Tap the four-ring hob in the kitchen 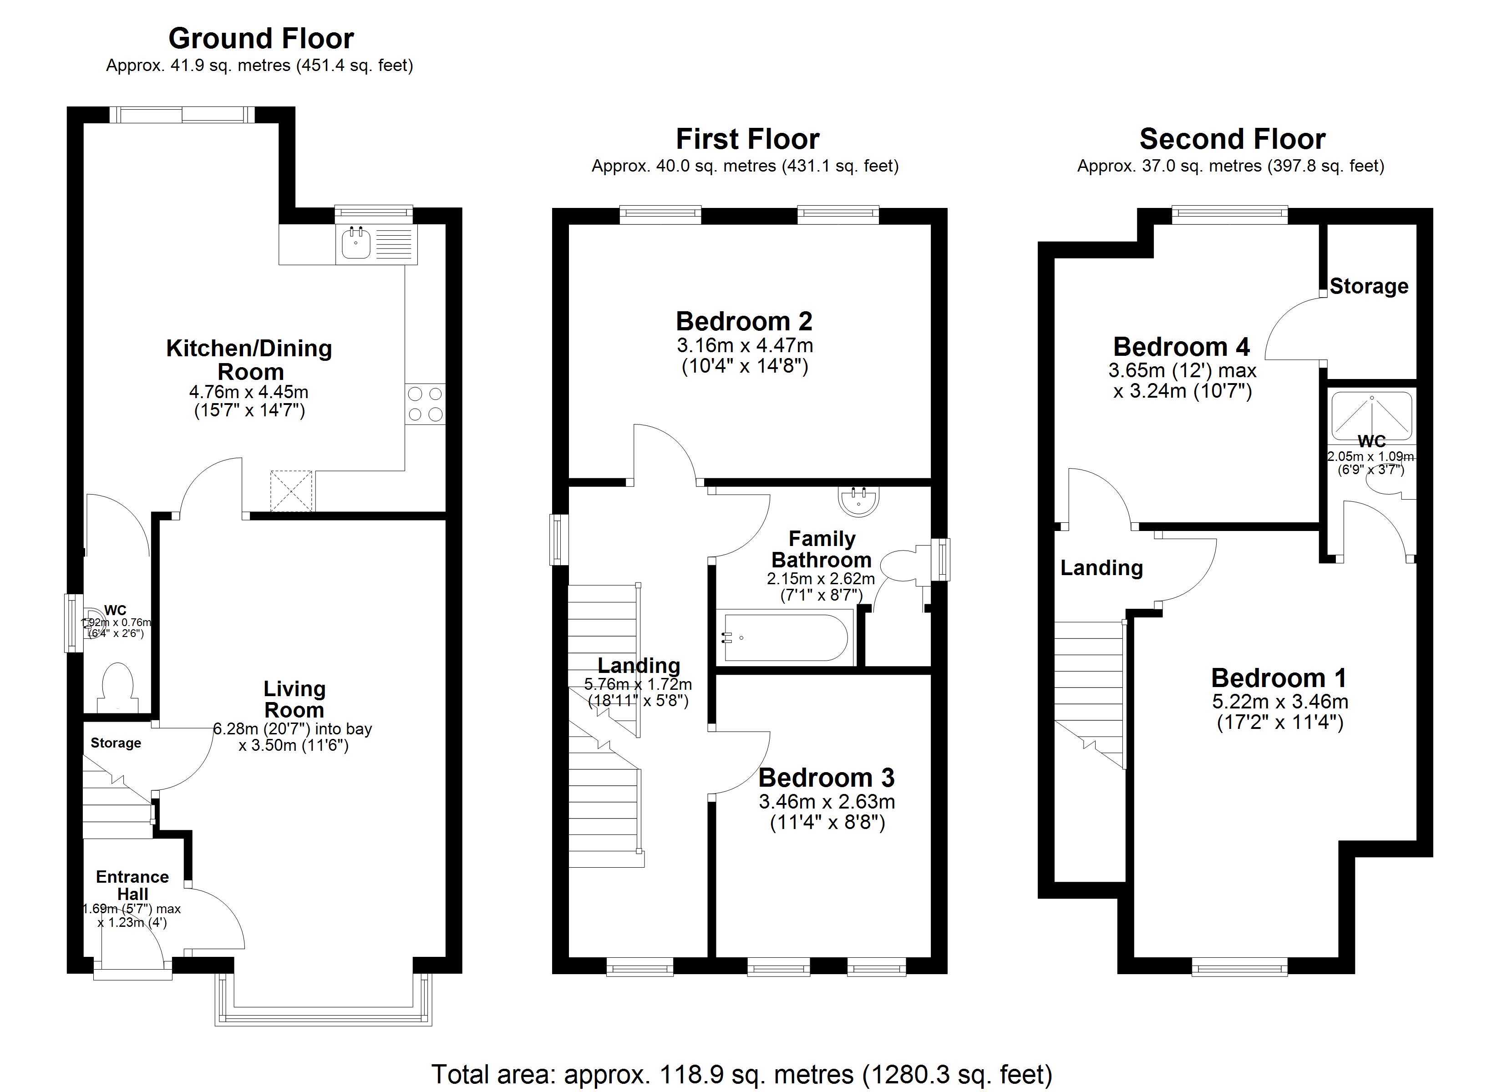(425, 404)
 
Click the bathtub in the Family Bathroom (786, 638)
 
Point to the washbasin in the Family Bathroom (859, 501)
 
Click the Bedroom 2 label (744, 321)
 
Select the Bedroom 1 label (1278, 678)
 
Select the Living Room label (294, 699)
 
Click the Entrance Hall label (132, 885)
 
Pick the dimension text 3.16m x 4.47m (744, 345)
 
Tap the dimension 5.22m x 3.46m (1279, 701)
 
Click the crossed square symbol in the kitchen (291, 490)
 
